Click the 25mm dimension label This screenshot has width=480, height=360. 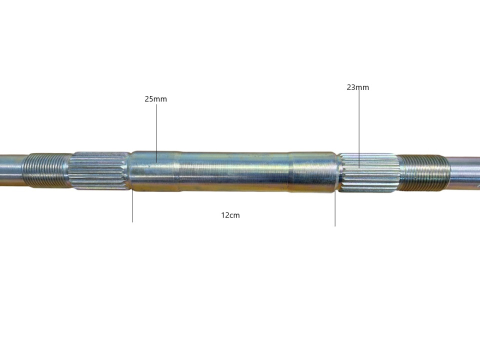click(155, 99)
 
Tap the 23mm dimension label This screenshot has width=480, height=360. click(358, 87)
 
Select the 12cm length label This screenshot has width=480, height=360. click(230, 215)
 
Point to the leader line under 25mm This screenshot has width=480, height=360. click(156, 130)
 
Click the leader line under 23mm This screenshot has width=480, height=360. click(359, 125)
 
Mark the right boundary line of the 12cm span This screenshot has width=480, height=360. click(335, 210)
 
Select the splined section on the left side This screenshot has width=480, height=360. click(98, 171)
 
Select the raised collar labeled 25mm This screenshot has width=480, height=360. click(152, 171)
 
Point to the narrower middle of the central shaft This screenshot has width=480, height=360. click(232, 171)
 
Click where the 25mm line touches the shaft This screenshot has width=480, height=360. click(156, 161)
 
